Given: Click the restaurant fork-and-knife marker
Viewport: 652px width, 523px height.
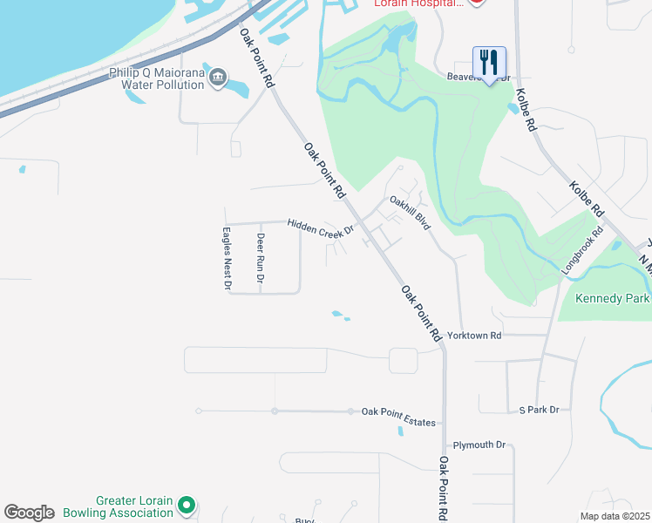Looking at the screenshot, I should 489,62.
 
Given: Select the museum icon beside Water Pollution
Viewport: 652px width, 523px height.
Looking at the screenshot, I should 218,75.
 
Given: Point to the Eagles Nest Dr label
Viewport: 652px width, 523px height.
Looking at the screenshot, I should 227,259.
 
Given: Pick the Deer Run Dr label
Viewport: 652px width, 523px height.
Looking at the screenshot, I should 260,258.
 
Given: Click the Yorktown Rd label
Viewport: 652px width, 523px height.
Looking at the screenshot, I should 474,335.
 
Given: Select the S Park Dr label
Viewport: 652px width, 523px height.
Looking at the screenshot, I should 539,409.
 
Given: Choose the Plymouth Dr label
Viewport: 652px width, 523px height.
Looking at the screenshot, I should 479,445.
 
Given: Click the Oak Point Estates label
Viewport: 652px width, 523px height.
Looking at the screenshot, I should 398,411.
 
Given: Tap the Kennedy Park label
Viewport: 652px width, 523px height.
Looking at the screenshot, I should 613,299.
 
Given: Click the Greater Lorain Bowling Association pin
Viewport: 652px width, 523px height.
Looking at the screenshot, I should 186,505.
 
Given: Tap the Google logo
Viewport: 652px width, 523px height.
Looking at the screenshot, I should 29,513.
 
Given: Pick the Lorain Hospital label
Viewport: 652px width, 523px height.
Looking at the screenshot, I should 417,4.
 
